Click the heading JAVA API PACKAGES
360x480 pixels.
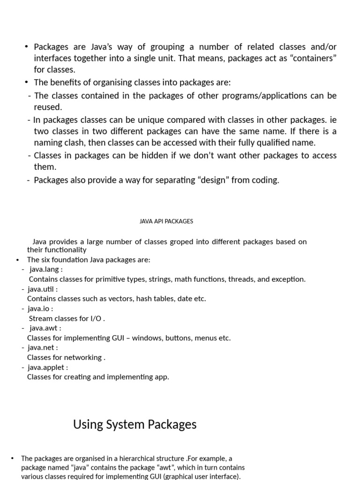166,221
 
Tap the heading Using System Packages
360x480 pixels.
135,425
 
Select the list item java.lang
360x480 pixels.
45,270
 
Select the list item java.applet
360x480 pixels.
47,367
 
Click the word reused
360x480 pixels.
48,107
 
